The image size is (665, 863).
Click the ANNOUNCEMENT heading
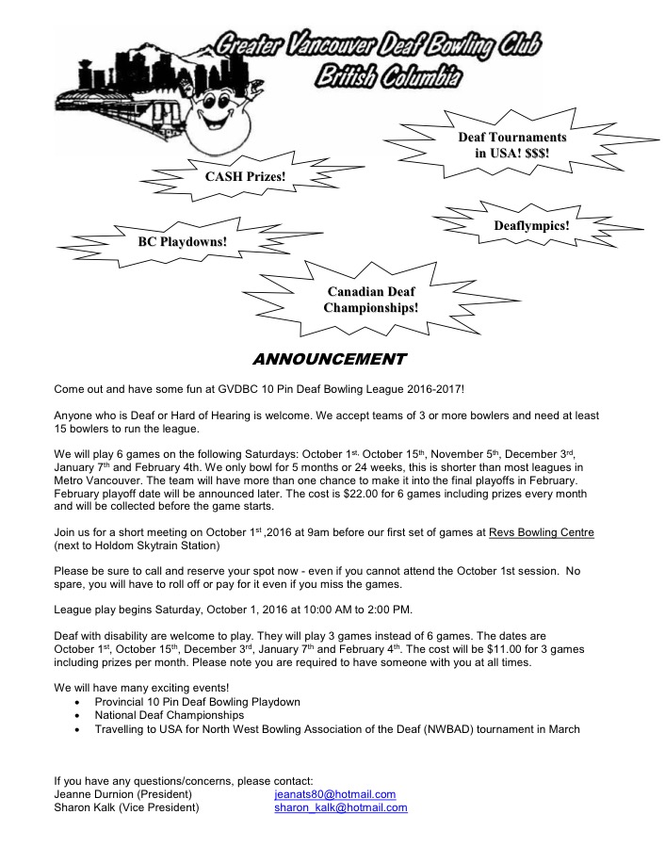click(x=329, y=359)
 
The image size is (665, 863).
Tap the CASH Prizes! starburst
click(x=245, y=176)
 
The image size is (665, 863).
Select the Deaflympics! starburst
click(x=531, y=226)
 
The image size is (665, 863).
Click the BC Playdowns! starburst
click(x=182, y=241)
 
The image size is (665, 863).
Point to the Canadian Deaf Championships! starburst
click(x=370, y=300)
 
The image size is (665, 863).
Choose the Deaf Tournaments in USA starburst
click(x=511, y=145)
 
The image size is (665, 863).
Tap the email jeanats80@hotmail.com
click(x=334, y=794)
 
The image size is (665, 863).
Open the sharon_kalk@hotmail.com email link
click(x=340, y=807)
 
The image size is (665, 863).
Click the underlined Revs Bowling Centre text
click(x=541, y=532)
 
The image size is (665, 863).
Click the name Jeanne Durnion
click(x=92, y=794)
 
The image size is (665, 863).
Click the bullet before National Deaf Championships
click(x=76, y=716)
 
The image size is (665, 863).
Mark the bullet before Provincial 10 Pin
click(x=76, y=703)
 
